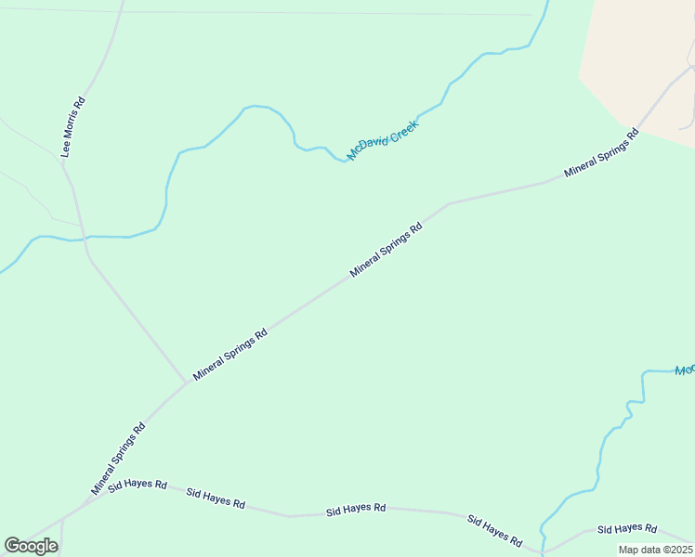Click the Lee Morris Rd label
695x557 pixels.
point(73,126)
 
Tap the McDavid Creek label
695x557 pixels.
point(383,139)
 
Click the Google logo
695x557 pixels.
point(31,546)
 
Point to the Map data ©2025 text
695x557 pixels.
point(655,550)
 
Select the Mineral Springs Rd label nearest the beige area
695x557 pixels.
point(602,153)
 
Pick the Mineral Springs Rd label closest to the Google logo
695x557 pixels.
point(119,459)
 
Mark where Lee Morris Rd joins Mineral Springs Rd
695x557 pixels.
point(187,382)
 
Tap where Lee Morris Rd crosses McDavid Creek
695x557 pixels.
point(85,238)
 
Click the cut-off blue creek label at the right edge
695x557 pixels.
point(684,370)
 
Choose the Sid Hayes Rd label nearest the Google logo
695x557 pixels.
point(138,486)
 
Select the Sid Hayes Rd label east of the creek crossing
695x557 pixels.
point(627,528)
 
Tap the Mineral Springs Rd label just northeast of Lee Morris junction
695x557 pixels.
point(230,353)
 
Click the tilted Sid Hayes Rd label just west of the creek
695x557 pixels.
point(494,529)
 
